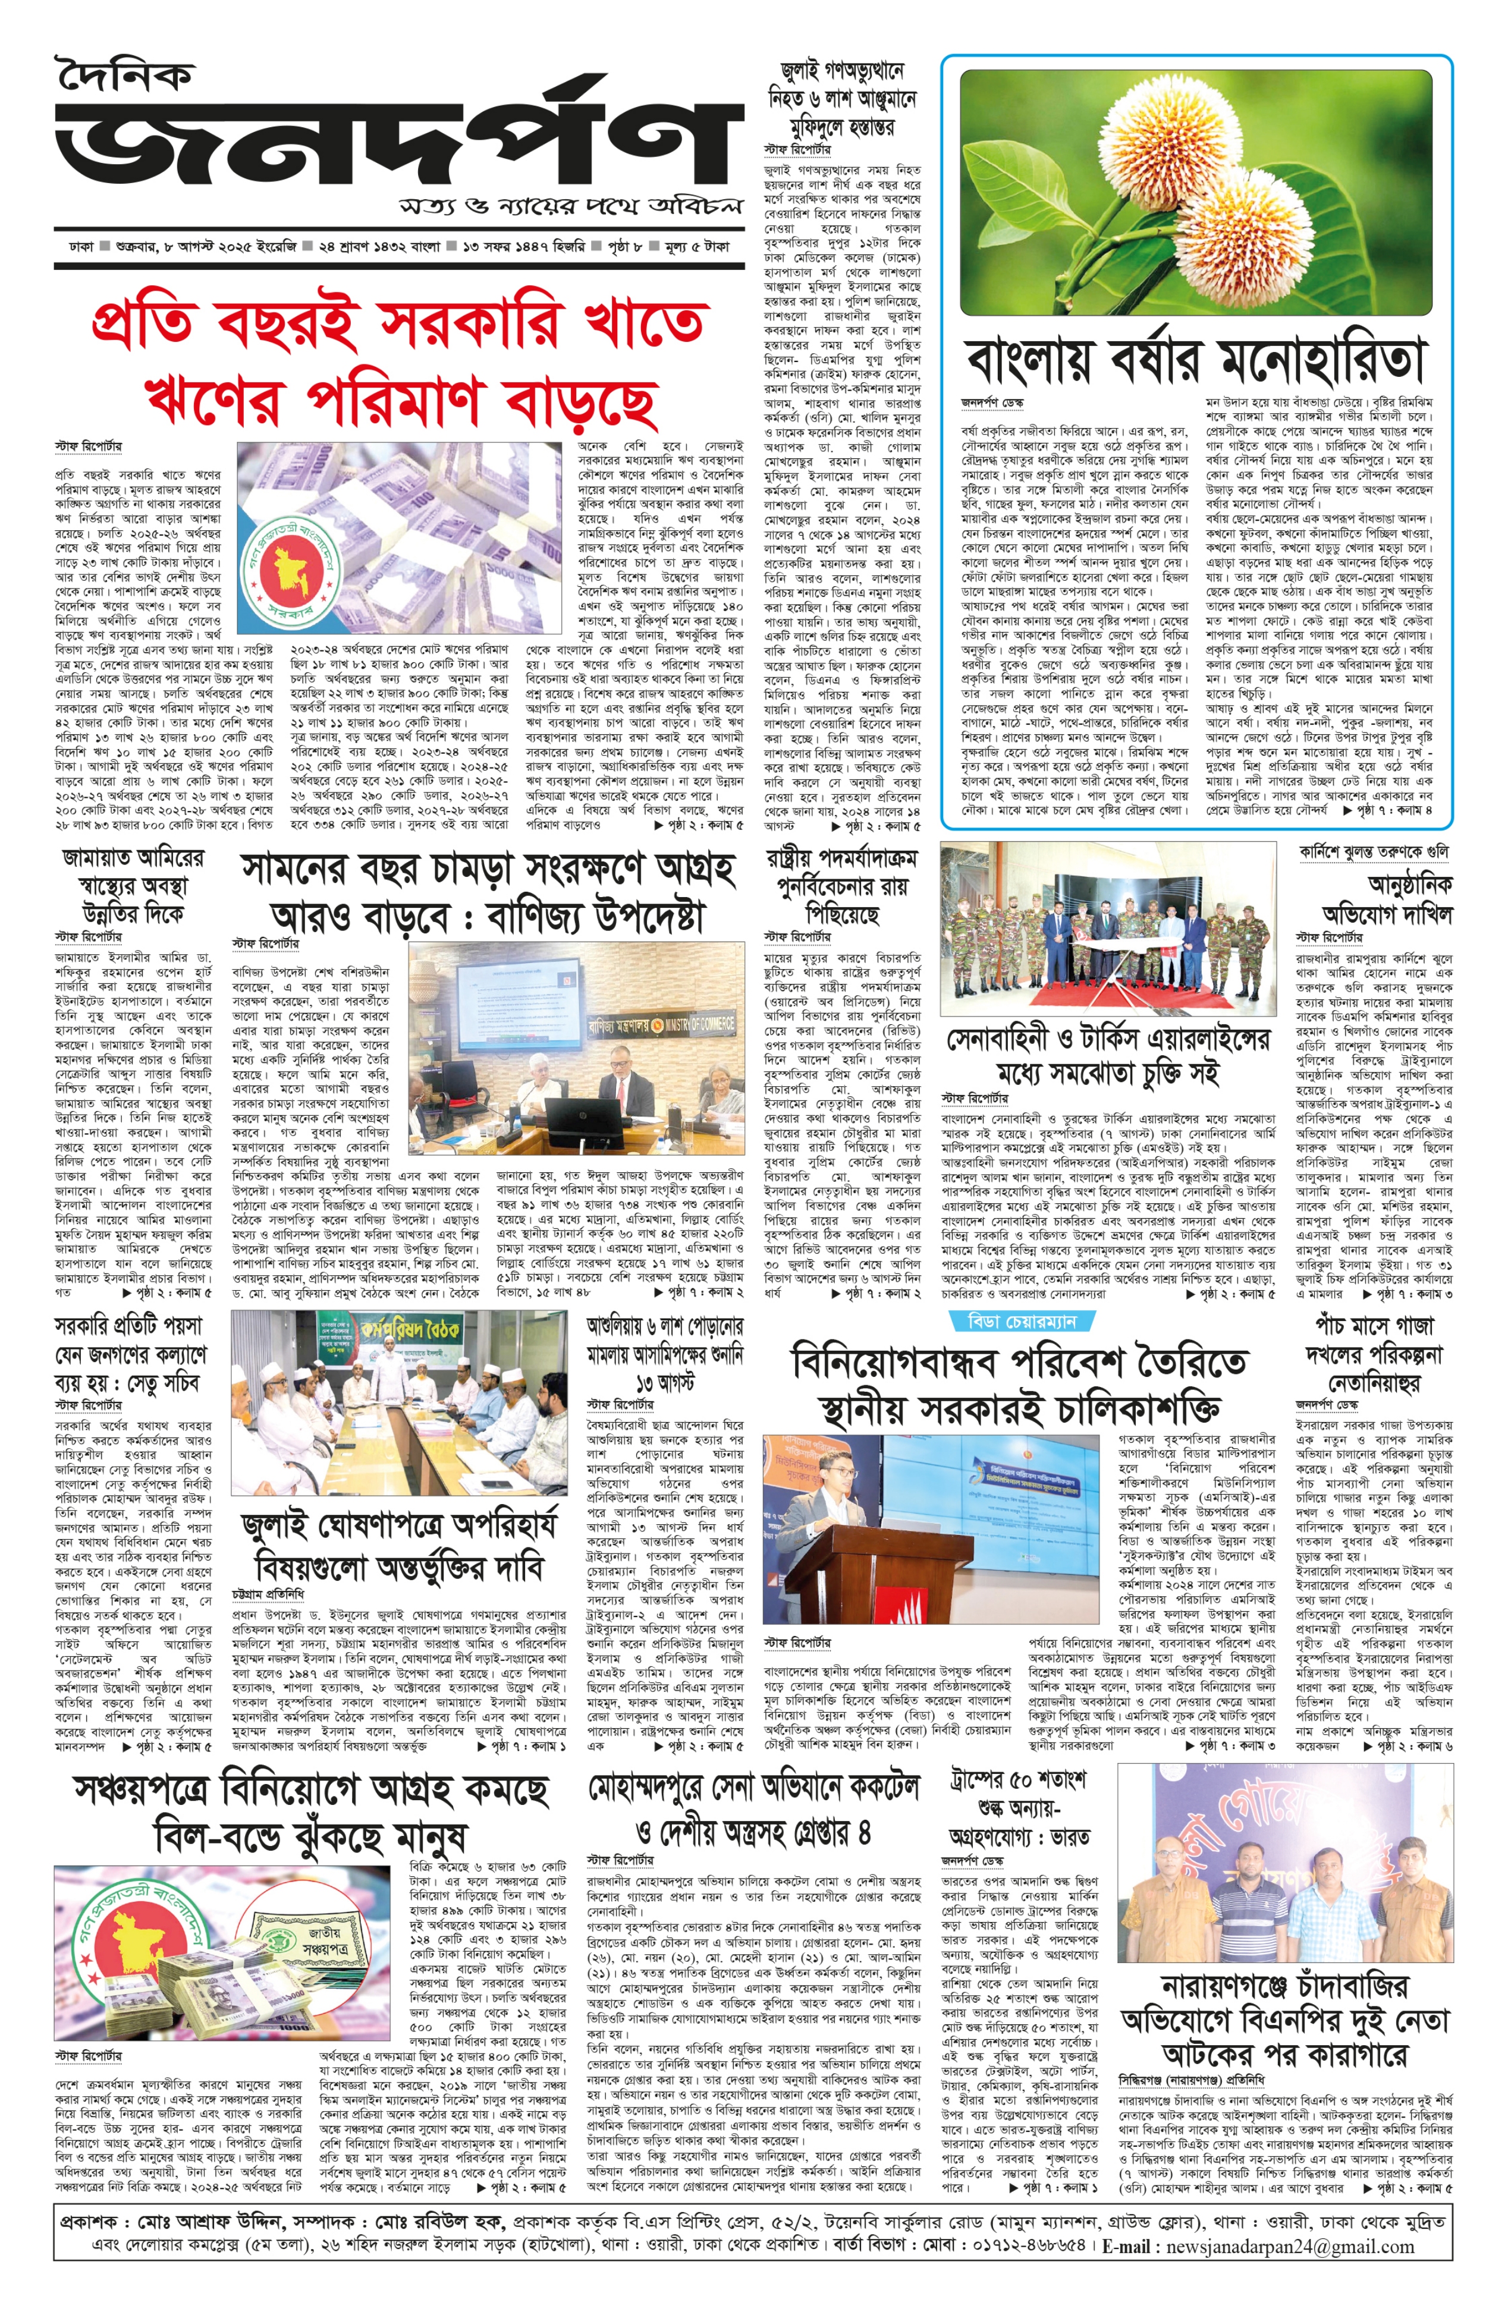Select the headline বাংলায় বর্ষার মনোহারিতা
[x=1195, y=360]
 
